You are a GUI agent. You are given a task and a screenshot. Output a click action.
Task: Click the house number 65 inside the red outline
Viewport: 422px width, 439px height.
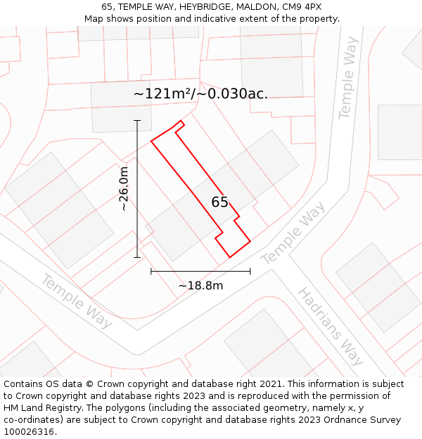point(219,202)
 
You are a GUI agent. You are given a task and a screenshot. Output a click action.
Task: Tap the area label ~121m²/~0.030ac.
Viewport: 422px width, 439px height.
point(200,94)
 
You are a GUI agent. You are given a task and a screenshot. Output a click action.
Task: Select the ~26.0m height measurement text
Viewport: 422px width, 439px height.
point(123,188)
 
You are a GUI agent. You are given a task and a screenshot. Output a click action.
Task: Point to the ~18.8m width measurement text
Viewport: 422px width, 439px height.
point(200,286)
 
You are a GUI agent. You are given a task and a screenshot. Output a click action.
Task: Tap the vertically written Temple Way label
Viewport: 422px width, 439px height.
point(348,78)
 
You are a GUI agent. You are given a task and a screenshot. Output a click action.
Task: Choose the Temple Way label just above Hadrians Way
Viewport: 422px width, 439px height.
point(293,234)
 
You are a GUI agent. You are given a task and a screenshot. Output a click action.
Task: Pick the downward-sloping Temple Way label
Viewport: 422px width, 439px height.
point(77,301)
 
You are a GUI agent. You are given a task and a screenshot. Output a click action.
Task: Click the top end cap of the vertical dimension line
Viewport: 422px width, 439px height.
point(137,121)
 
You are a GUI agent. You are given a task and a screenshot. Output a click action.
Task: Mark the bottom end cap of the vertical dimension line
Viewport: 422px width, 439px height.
point(137,257)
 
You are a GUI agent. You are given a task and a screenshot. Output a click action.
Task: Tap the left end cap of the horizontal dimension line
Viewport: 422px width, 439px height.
point(151,271)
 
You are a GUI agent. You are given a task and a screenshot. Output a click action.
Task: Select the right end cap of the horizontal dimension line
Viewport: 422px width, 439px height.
point(250,271)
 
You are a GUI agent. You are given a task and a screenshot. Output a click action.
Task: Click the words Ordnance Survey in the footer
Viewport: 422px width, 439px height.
point(362,420)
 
